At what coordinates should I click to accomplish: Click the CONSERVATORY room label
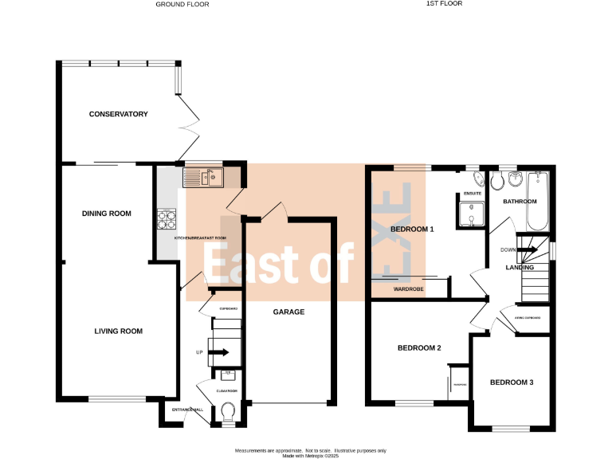point(119,114)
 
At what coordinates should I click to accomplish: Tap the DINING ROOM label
point(107,214)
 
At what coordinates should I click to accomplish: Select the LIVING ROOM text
point(118,331)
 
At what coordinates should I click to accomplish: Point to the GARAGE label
point(288,312)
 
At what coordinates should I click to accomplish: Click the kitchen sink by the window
point(204,177)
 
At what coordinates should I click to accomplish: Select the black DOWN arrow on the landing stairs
point(527,249)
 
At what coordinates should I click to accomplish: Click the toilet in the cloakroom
point(227,412)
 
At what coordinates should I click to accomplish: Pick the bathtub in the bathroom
point(539,201)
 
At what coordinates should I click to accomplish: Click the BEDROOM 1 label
point(413,229)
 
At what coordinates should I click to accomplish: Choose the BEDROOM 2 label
point(419,347)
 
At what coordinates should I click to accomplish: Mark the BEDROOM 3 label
point(511,382)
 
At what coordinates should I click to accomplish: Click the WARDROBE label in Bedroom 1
point(409,290)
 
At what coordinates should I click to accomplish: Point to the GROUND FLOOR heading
point(182,4)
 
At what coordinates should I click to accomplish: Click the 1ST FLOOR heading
point(444,4)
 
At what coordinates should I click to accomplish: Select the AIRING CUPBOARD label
point(528,318)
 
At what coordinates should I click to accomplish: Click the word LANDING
point(520,268)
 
